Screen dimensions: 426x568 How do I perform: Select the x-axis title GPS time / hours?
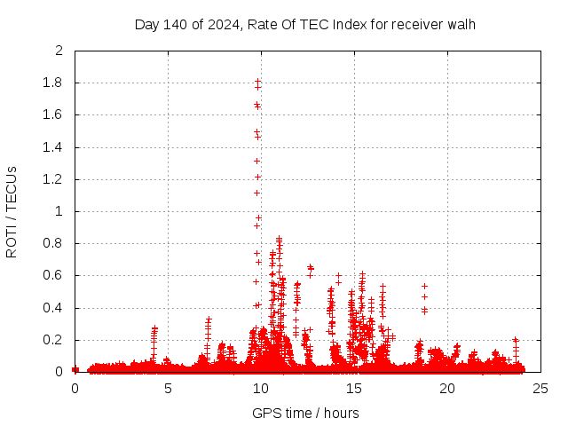tap(305, 413)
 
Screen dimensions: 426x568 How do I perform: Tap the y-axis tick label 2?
tap(59, 51)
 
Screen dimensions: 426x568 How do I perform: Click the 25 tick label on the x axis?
tap(540, 388)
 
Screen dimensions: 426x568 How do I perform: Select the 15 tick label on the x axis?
tap(354, 388)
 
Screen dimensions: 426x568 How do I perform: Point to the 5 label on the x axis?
tap(168, 388)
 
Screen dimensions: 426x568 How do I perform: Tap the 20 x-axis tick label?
tap(447, 388)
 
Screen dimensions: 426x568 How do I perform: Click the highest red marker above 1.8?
tap(257, 81)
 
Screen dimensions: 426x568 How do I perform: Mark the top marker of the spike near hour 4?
tap(154, 327)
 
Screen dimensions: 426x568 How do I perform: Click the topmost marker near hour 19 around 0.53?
tap(424, 286)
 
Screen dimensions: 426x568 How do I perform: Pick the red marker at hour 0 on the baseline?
tap(75, 369)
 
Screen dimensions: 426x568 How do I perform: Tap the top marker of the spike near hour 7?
tap(209, 319)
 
